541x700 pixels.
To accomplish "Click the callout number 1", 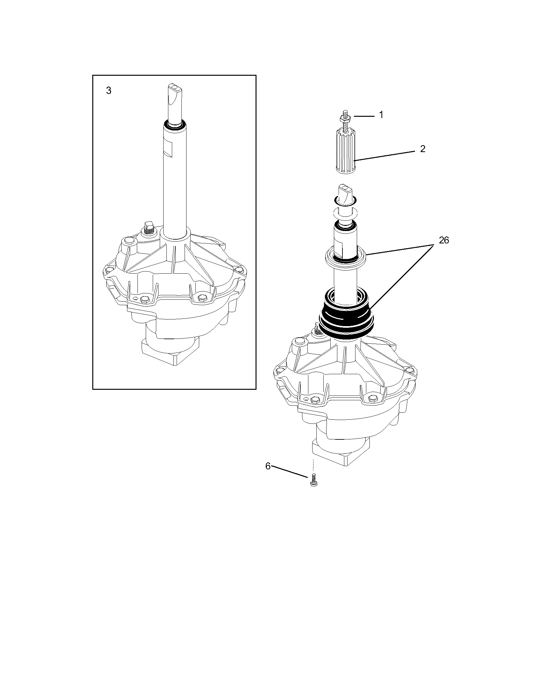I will (381, 115).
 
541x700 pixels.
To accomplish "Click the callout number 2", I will (422, 149).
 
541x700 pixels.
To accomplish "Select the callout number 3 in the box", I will (109, 91).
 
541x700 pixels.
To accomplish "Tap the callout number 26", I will (444, 240).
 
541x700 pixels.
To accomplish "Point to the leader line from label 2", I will (388, 155).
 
